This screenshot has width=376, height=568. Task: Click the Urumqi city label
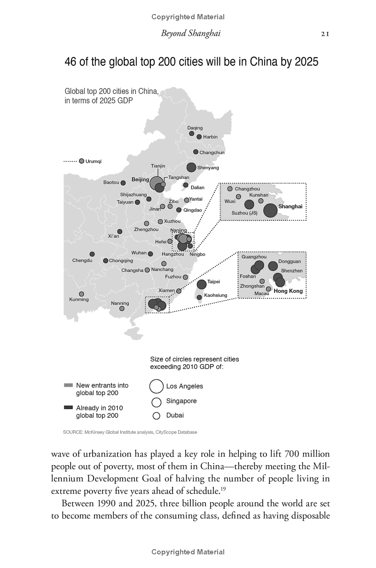(93, 161)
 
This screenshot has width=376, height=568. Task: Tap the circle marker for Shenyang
(191, 167)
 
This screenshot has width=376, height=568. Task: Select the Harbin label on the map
(210, 137)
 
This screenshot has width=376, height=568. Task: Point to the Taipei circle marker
(202, 284)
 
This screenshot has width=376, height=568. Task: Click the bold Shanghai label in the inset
(290, 206)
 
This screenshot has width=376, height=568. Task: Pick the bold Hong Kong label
(288, 291)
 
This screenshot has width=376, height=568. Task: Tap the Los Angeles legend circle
(156, 386)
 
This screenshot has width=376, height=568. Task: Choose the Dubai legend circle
(157, 415)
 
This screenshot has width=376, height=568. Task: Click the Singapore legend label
(181, 401)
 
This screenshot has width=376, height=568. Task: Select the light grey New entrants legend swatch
(69, 385)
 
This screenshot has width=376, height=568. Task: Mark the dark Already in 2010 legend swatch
(69, 407)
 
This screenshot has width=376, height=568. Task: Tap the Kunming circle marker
(82, 294)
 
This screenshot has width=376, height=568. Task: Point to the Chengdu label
(82, 260)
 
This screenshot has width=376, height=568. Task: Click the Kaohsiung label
(216, 295)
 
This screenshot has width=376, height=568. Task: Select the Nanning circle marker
(122, 309)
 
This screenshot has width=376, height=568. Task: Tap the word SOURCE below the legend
(73, 432)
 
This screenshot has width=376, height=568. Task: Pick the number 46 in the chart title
(70, 62)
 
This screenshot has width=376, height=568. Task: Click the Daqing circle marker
(192, 133)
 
